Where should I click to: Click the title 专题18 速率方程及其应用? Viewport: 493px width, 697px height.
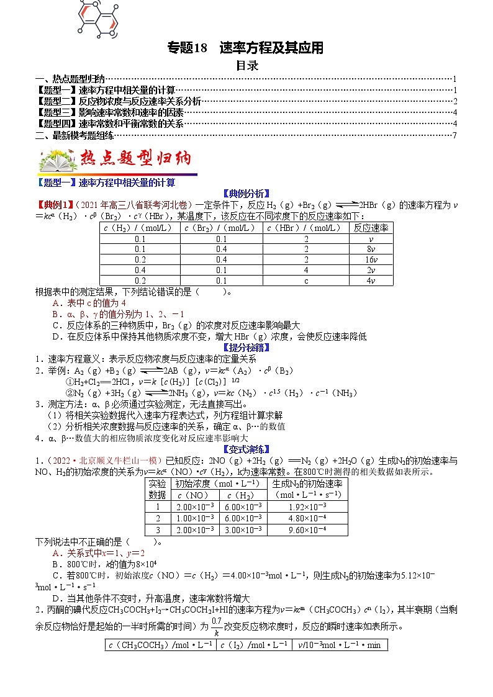click(246, 48)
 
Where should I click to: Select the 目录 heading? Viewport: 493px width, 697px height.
click(246, 65)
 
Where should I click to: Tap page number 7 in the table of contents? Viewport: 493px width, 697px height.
click(455, 135)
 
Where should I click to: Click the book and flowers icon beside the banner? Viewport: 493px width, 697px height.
click(58, 161)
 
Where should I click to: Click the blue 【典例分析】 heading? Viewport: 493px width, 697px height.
click(246, 193)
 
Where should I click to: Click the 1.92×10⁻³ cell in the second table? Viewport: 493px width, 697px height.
click(307, 506)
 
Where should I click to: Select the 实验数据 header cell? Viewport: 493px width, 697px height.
click(157, 489)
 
